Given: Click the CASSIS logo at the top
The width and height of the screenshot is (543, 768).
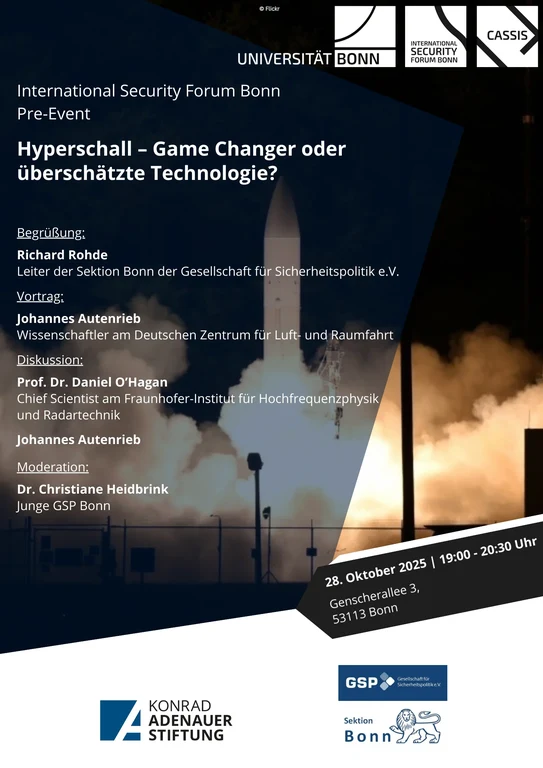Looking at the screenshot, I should tap(507, 36).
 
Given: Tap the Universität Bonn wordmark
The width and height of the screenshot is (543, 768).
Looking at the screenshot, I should tap(309, 59).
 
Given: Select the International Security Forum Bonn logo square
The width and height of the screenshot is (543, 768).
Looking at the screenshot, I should tap(436, 36).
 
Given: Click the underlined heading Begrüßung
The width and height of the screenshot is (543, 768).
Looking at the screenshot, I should tap(51, 233).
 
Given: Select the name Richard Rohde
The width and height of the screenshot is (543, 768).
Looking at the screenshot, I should tap(62, 254).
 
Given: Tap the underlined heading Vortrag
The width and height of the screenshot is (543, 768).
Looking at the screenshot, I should tap(40, 296).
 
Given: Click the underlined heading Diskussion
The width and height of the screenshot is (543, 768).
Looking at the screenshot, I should tap(50, 360).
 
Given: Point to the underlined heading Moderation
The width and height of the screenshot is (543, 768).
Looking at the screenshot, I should tap(53, 466).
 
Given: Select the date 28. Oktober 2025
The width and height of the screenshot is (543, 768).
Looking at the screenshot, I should tap(375, 571).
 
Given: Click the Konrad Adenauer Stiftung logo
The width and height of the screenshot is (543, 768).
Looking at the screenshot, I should tap(166, 720).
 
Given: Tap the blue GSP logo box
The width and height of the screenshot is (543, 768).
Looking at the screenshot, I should tap(392, 683).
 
